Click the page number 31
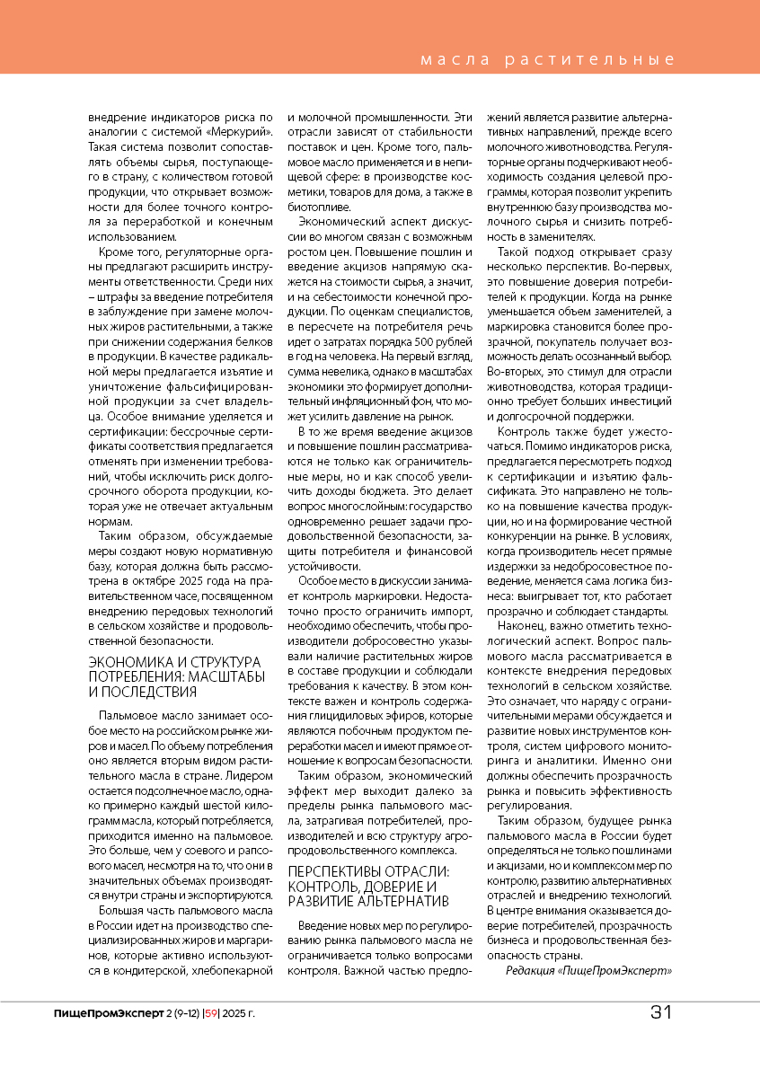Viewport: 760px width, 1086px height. [660, 1012]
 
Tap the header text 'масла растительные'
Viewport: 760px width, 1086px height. [548, 60]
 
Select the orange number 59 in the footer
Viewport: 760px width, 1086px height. [212, 1013]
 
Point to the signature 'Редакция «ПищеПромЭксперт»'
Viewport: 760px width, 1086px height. [588, 971]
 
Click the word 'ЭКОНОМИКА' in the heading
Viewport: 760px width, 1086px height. [126, 663]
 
